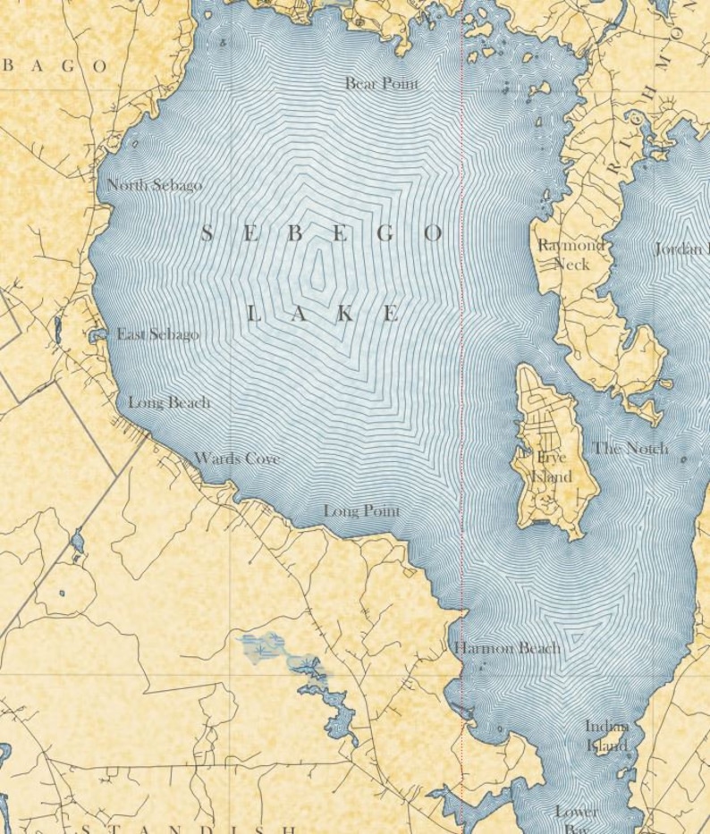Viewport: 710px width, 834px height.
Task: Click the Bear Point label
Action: pyautogui.click(x=382, y=83)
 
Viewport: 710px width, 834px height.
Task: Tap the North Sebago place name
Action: pyautogui.click(x=154, y=185)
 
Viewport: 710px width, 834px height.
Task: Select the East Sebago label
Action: pyautogui.click(x=157, y=334)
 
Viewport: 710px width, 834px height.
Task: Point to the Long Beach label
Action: pyautogui.click(x=169, y=402)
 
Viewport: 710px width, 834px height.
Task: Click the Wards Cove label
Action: pyautogui.click(x=236, y=459)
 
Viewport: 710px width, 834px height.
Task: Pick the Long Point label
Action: pyautogui.click(x=361, y=511)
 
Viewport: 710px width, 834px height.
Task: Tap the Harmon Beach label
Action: pyautogui.click(x=508, y=648)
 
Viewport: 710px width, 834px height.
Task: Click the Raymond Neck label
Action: pyautogui.click(x=571, y=254)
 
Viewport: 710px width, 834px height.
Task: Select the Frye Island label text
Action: pyautogui.click(x=551, y=467)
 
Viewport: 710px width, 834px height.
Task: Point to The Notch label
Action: pyautogui.click(x=630, y=448)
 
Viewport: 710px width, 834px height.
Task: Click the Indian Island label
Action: pyautogui.click(x=607, y=736)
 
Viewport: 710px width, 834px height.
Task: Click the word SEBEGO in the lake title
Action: pyautogui.click(x=322, y=234)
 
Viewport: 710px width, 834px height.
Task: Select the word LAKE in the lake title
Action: pyautogui.click(x=322, y=314)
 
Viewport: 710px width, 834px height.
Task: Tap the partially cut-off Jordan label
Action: pyautogui.click(x=681, y=249)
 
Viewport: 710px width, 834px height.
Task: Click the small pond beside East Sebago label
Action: pyautogui.click(x=97, y=335)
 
